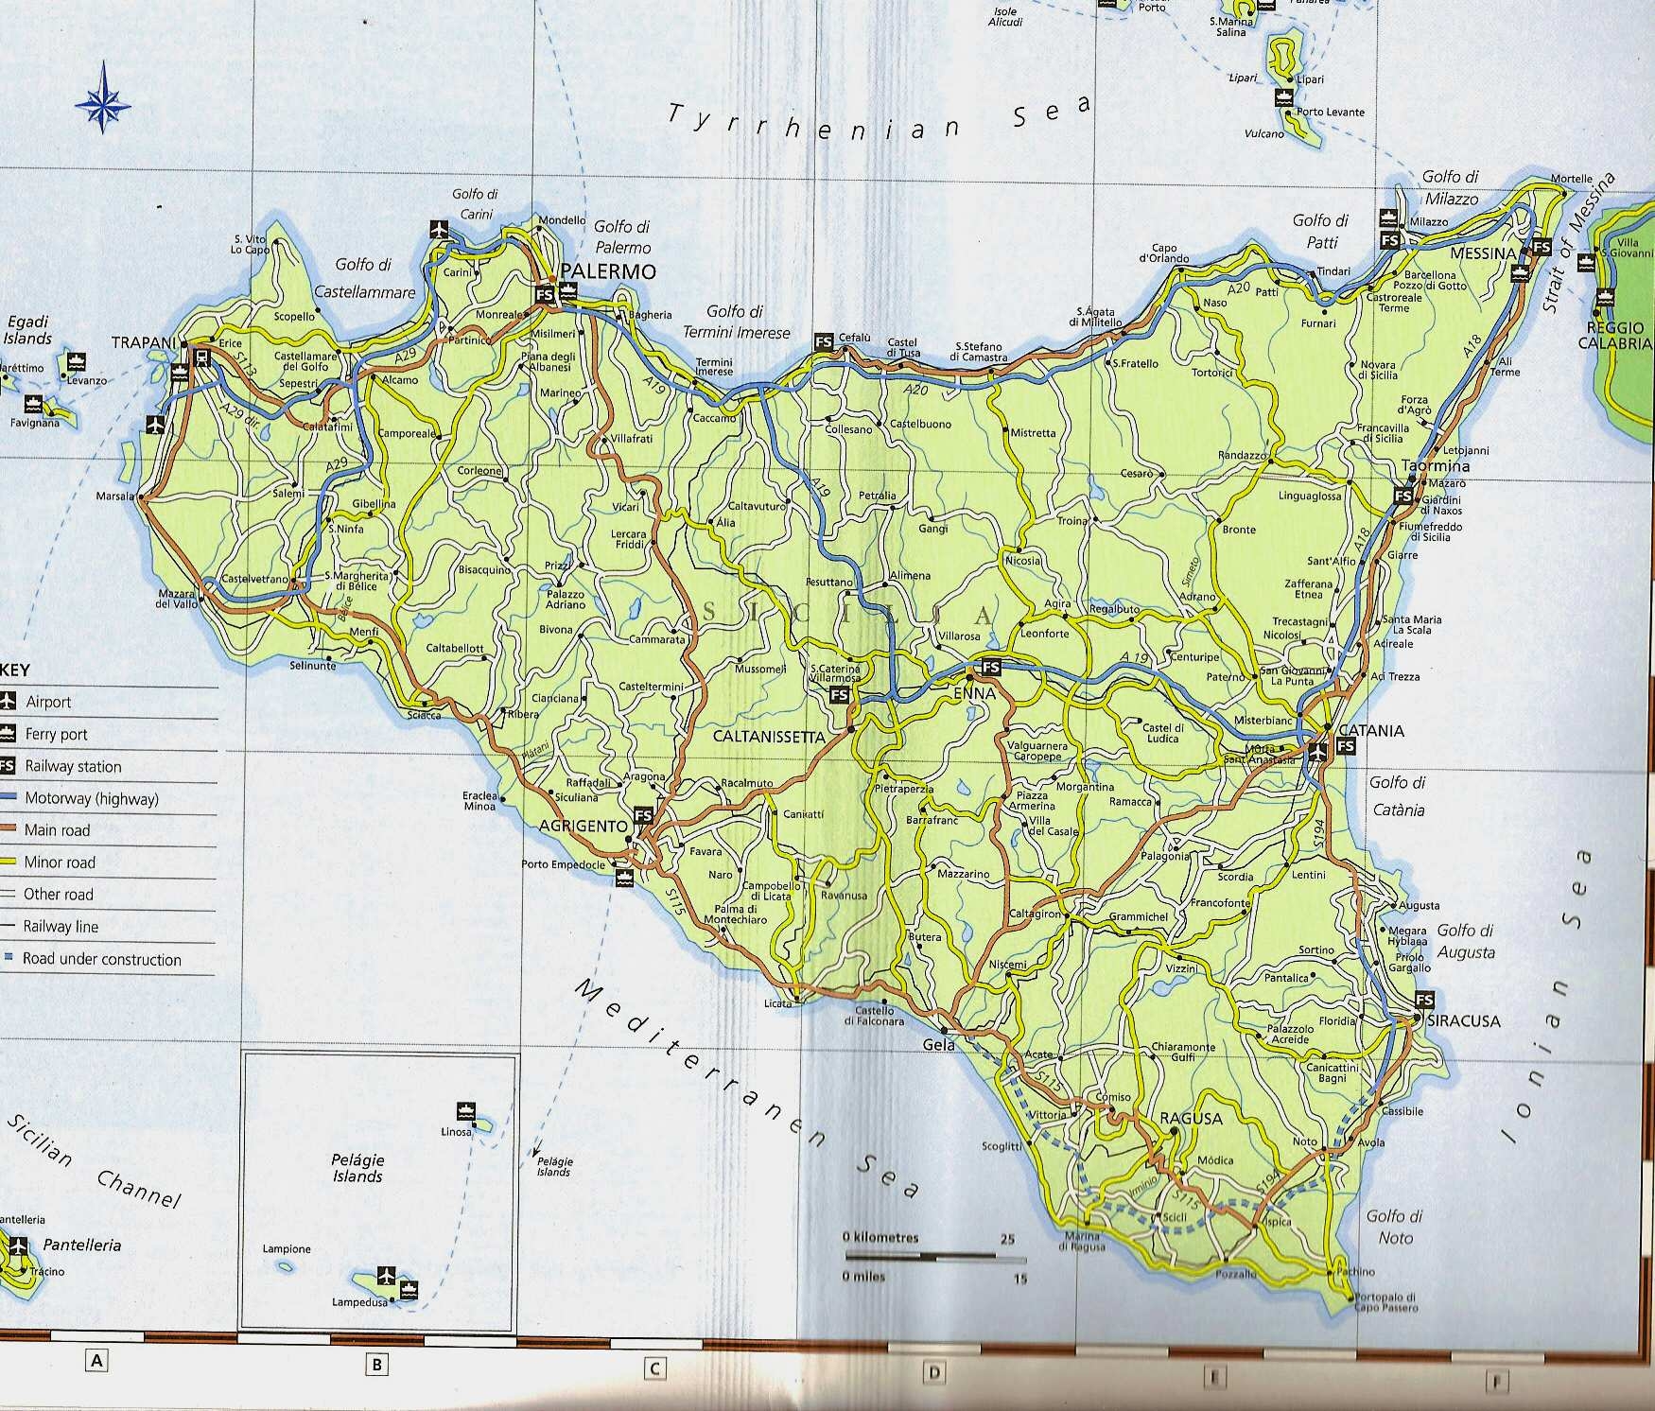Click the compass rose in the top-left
103,97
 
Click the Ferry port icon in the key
9,733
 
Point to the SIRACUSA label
1464,1021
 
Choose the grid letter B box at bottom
375,1364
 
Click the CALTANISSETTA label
769,735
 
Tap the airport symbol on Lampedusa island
385,1273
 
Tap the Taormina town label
1436,466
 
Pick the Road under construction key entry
101,959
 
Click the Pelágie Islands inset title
357,1168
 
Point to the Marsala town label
115,496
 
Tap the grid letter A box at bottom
96,1361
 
